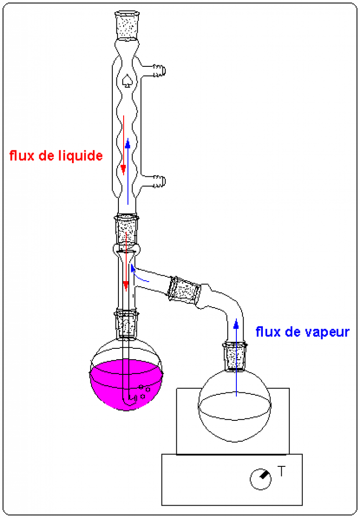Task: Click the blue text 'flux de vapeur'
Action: pyautogui.click(x=302, y=332)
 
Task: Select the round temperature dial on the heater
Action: pyautogui.click(x=260, y=480)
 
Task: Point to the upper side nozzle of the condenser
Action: pyautogui.click(x=159, y=72)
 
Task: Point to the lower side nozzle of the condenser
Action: pyautogui.click(x=159, y=180)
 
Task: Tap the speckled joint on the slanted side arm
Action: pyautogui.click(x=184, y=290)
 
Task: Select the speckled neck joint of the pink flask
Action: pyautogui.click(x=126, y=324)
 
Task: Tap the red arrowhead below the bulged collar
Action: pyautogui.click(x=126, y=285)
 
